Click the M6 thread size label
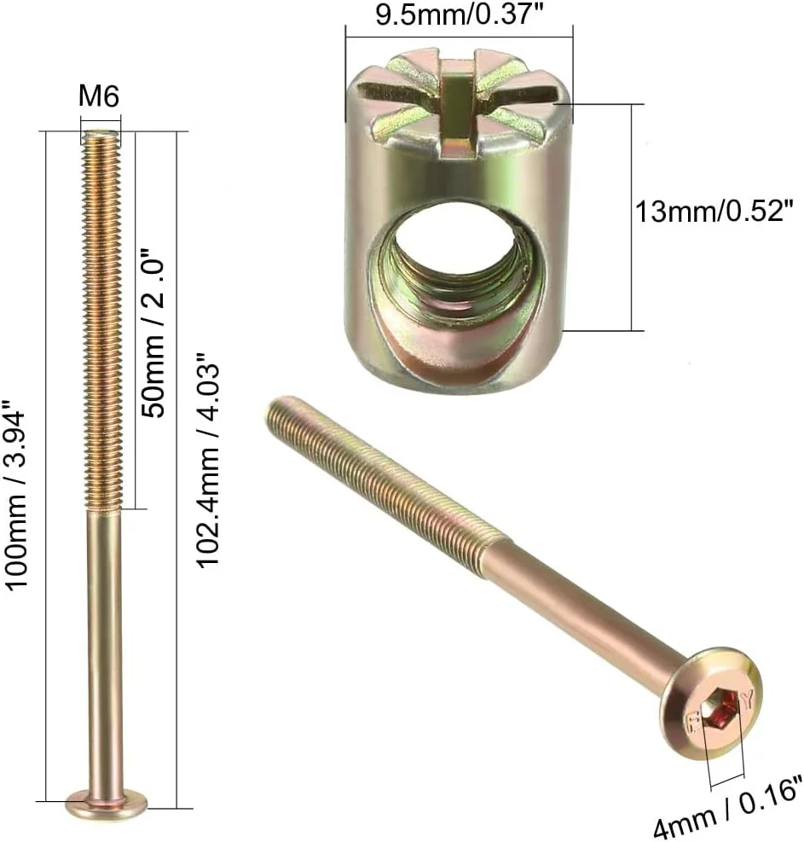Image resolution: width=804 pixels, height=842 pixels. pos(99,97)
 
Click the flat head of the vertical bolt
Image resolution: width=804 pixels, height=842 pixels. pos(107,802)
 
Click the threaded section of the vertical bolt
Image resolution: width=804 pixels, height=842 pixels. pos(104,324)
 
